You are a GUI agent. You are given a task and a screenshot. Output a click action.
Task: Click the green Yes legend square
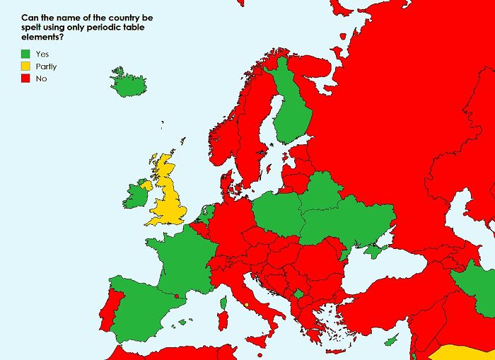click(26, 53)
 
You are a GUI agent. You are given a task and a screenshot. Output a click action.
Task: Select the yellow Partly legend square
click(26, 66)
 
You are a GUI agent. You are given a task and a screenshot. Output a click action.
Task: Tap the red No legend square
click(26, 79)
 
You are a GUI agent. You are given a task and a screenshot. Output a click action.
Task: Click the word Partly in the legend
click(46, 66)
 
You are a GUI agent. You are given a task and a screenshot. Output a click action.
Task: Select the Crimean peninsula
click(372, 251)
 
